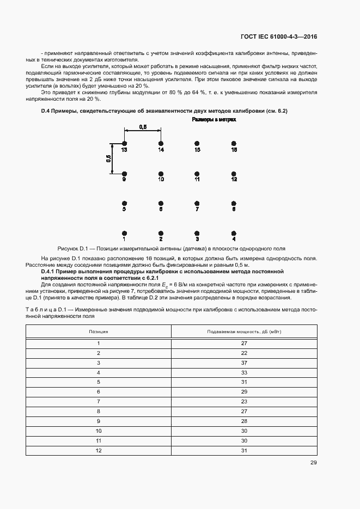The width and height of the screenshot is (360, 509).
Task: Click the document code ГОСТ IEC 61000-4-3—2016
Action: (278, 37)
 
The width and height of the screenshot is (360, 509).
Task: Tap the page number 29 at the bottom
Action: (313, 463)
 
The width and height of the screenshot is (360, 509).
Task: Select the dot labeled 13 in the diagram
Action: (124, 143)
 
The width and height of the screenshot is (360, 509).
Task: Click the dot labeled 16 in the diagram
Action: (234, 143)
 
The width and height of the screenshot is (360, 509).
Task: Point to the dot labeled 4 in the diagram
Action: (234, 232)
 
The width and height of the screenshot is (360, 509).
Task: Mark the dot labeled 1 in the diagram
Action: (124, 232)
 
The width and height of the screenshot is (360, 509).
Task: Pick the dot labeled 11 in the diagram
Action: (197, 173)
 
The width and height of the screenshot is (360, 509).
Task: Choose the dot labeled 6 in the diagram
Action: (161, 203)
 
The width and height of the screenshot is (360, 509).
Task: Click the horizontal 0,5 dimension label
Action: (143, 126)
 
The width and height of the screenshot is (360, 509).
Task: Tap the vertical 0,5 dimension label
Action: (108, 158)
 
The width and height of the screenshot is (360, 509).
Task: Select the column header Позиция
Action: (99, 331)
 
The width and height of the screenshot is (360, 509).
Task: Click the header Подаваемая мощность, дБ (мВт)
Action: (244, 331)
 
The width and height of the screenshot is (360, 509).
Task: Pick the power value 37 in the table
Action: (244, 363)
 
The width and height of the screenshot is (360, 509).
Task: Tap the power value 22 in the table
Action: (244, 353)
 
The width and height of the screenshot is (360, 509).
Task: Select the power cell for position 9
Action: (244, 421)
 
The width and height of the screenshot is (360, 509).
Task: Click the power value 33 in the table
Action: (244, 372)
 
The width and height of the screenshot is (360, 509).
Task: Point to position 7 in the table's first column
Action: (99, 401)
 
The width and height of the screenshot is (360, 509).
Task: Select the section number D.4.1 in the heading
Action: (52, 271)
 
